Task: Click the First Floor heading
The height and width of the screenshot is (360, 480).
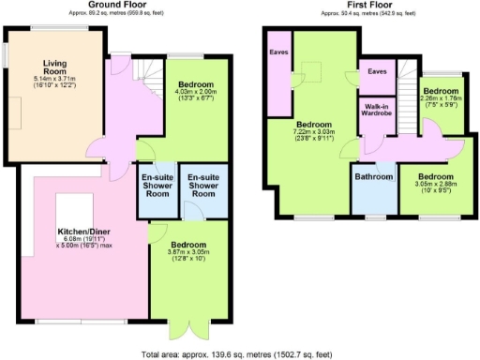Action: click(x=357, y=5)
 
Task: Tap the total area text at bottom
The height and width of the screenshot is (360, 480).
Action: click(x=239, y=353)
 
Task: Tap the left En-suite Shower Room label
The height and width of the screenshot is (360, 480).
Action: click(x=156, y=185)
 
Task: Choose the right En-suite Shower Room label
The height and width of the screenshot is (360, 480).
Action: click(x=202, y=185)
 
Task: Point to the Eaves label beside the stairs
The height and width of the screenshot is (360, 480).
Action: click(x=377, y=70)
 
